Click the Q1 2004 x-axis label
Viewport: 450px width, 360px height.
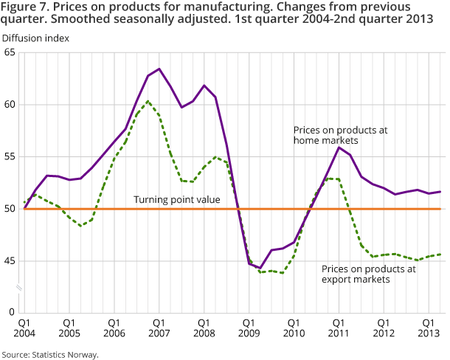coord(24,328)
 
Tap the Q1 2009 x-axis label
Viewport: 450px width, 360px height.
coord(249,328)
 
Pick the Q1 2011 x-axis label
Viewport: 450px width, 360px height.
coord(339,328)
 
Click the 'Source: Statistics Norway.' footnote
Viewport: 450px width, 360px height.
coord(50,354)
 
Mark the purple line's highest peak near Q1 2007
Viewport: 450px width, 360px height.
coord(159,69)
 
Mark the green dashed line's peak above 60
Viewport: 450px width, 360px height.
coord(148,101)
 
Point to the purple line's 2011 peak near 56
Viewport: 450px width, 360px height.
coord(339,148)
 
